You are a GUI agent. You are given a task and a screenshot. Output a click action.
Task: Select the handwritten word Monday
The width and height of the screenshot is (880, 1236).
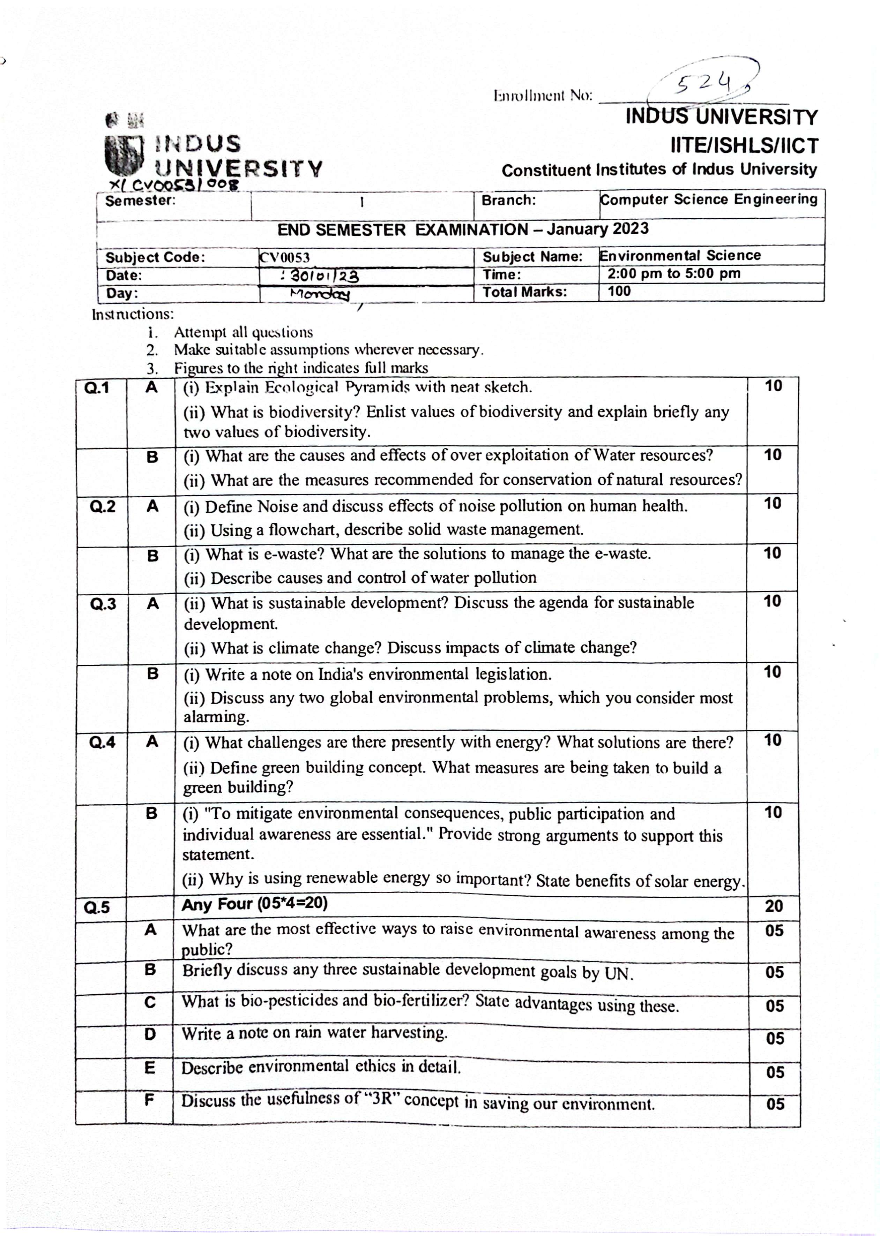(x=320, y=294)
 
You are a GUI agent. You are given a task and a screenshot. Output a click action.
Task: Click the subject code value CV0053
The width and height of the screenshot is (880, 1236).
(x=284, y=257)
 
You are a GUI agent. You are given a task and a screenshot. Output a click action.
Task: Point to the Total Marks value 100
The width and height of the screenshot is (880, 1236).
(x=619, y=292)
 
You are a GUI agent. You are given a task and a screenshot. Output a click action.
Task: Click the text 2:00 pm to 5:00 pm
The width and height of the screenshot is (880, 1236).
(x=673, y=273)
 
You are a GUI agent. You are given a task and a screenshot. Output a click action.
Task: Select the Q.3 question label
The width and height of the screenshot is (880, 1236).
(x=103, y=603)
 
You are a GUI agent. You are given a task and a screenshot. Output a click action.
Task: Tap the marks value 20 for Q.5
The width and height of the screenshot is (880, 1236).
(x=774, y=906)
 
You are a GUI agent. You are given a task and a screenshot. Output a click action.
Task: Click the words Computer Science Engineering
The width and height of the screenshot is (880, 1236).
(x=708, y=199)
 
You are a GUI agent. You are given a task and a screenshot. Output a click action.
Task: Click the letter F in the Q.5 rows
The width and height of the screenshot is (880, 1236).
(x=150, y=1099)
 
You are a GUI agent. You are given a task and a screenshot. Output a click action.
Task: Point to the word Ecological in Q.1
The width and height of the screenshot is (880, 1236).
(x=301, y=387)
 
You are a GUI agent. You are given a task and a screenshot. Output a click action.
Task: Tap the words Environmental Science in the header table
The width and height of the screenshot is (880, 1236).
(x=679, y=256)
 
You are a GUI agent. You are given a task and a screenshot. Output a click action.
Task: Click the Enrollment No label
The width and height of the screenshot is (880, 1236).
(x=543, y=96)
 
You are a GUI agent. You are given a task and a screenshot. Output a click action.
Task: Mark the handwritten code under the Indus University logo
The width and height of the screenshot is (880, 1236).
(x=173, y=185)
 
